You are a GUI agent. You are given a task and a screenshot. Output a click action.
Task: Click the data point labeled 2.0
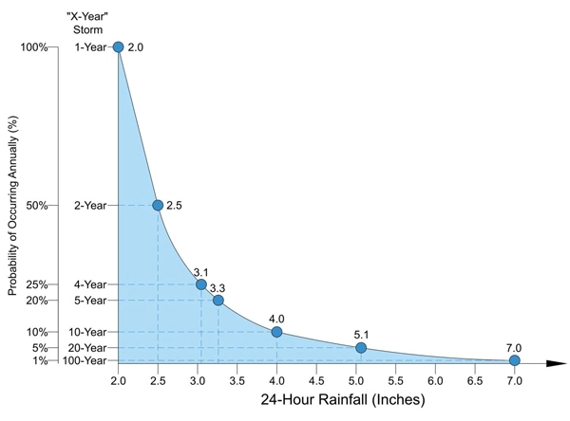(119, 46)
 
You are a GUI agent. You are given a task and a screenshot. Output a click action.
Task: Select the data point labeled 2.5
(158, 205)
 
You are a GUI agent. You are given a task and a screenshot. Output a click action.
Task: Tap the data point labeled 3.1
(201, 284)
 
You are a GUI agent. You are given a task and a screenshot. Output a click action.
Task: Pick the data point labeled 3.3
(218, 301)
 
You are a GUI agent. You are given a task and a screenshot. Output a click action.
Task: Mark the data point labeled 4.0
(276, 332)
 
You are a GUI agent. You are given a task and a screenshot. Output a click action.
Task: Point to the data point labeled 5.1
(361, 348)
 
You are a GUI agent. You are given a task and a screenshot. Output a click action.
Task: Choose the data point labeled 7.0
(514, 360)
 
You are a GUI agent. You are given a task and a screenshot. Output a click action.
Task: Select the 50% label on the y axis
(37, 206)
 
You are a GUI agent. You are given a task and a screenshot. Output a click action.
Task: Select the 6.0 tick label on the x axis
(435, 381)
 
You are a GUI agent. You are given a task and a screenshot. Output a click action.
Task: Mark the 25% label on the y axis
(37, 284)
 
